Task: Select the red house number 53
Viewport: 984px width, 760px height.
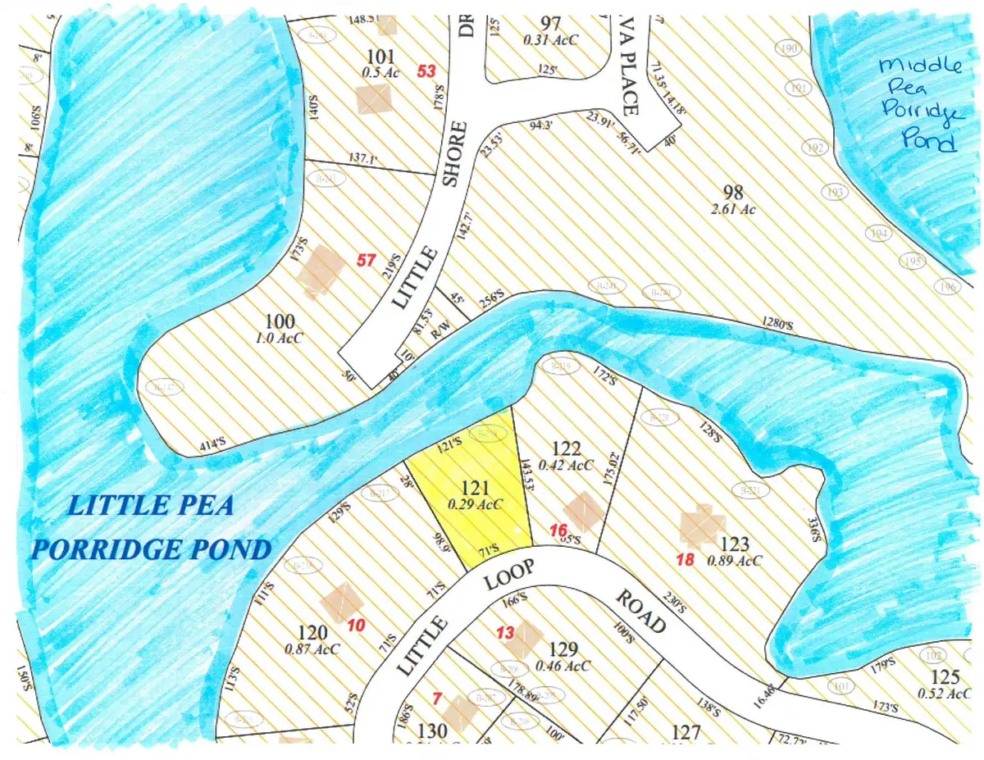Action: pyautogui.click(x=426, y=71)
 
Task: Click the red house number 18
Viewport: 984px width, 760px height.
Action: pyautogui.click(x=686, y=560)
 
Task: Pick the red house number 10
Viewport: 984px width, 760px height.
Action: pyautogui.click(x=357, y=626)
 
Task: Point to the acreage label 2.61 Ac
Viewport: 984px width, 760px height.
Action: pyautogui.click(x=732, y=209)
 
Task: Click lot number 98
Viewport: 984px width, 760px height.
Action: pyautogui.click(x=733, y=193)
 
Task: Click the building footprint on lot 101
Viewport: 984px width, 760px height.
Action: pyautogui.click(x=376, y=100)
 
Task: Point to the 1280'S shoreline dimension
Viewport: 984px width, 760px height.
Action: pyautogui.click(x=777, y=324)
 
